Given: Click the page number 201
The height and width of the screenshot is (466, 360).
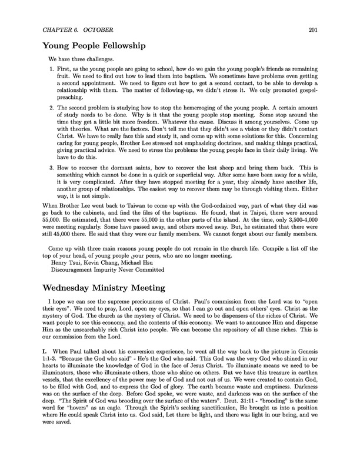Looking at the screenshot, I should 313,30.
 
